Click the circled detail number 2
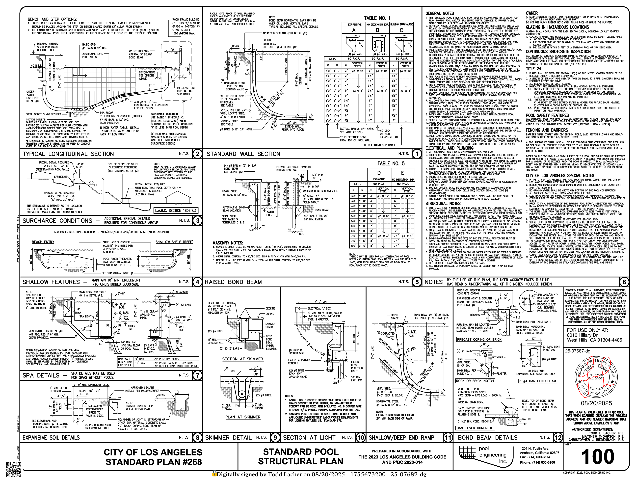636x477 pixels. click(197, 154)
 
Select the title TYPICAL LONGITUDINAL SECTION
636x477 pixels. click(68, 154)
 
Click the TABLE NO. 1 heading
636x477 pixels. click(377, 18)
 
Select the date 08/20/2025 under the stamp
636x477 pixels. click(596, 403)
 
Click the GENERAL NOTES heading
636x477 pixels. click(439, 14)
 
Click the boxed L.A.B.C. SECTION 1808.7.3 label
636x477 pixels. click(176, 211)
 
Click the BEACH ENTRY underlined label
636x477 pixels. click(43, 242)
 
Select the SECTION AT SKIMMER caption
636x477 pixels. click(242, 359)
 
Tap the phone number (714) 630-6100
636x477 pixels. click(537, 462)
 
